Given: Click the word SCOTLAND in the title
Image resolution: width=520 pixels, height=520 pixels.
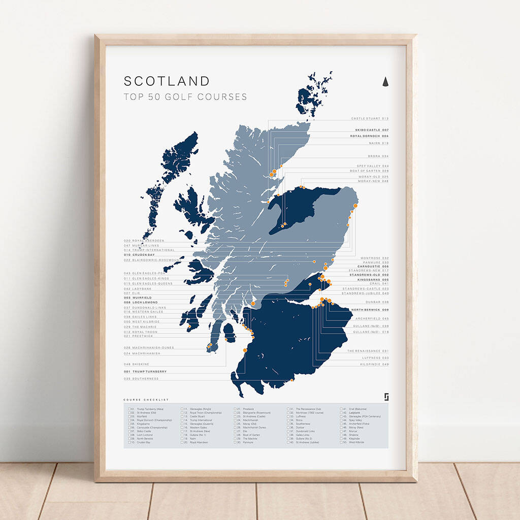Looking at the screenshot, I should click(167, 81).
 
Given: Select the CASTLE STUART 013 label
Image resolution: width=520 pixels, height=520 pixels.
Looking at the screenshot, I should click(370, 118).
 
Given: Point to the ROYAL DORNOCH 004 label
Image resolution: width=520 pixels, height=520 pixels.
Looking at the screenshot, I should click(369, 136).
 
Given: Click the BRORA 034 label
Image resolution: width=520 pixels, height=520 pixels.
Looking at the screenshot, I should click(378, 156).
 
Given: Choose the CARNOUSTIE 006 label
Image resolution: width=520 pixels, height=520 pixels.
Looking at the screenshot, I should click(373, 266).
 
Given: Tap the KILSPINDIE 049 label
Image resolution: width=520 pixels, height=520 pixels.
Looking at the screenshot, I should click(375, 364).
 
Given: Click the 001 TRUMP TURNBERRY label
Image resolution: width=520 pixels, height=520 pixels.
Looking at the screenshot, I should click(145, 372).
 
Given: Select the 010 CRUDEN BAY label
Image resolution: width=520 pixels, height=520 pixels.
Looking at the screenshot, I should click(139, 254).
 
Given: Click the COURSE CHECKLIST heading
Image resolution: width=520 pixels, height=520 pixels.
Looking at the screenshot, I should click(146, 400).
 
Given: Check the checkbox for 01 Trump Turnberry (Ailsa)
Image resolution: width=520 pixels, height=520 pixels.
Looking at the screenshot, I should click(129, 409).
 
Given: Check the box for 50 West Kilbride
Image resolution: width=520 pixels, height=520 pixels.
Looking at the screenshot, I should click(341, 442).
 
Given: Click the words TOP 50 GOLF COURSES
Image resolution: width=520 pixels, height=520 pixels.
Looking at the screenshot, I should click(185, 96).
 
